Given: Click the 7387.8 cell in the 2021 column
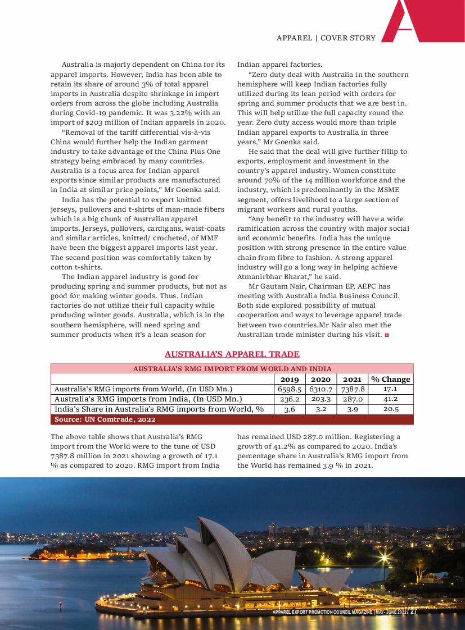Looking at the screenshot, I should (x=353, y=389).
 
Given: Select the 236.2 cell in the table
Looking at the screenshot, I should (x=290, y=399).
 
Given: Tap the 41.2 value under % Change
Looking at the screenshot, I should (x=390, y=399).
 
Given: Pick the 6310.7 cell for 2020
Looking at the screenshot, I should (x=321, y=389).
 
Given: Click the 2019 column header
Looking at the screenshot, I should (x=290, y=379).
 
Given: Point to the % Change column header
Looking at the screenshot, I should (x=390, y=379).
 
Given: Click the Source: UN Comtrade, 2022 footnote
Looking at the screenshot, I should (x=105, y=419).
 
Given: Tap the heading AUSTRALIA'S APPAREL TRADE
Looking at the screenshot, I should (x=232, y=354).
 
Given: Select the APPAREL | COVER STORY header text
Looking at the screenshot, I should (x=326, y=38).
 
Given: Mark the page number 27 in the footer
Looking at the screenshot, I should (x=413, y=611).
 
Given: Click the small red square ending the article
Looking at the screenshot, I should (x=386, y=335).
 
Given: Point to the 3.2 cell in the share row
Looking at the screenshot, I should (x=321, y=409).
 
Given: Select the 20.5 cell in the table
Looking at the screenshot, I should (x=390, y=409).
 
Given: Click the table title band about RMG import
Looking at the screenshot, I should (x=232, y=369).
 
